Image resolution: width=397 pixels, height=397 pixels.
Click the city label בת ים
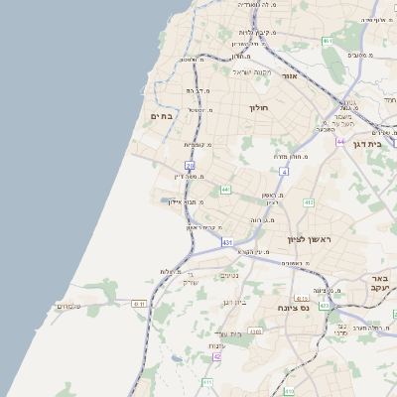(x=162, y=116)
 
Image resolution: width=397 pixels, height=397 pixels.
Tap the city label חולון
(x=257, y=107)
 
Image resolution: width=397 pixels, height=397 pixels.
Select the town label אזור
(x=290, y=75)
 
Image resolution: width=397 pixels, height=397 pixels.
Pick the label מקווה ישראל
(x=252, y=71)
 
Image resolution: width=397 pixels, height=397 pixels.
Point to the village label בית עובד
(x=229, y=332)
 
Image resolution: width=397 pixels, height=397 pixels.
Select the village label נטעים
(x=229, y=275)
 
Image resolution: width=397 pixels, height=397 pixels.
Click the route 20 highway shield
(x=190, y=166)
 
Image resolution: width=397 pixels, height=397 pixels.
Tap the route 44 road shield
(x=340, y=142)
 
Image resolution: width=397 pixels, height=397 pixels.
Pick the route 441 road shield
(x=226, y=190)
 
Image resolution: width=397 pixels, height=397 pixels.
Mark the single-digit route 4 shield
(x=284, y=172)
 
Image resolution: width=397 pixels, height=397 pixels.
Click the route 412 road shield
(x=309, y=202)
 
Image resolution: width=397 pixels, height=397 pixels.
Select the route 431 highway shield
(x=227, y=242)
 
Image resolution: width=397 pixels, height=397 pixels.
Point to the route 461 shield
(x=327, y=41)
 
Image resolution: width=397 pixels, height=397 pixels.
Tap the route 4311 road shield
(x=139, y=304)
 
